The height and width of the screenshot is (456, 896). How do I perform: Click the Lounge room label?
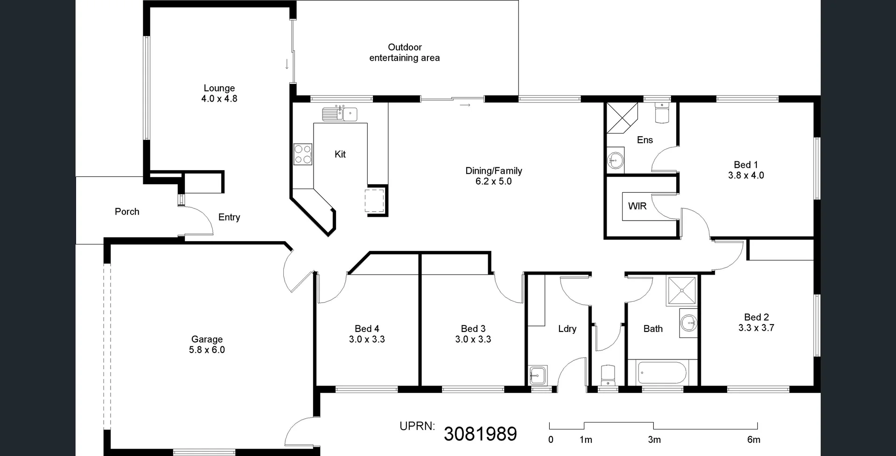click(219, 88)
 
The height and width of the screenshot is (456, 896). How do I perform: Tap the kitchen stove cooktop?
click(303, 154)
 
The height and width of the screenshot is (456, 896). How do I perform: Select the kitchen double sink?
click(339, 114)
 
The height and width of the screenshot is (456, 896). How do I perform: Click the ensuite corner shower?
click(621, 117)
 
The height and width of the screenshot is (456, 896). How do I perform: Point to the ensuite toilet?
click(662, 113)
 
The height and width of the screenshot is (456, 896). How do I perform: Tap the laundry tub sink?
click(537, 375)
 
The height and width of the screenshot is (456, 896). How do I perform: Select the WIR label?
click(637, 206)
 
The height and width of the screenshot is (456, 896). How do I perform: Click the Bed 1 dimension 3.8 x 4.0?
click(746, 175)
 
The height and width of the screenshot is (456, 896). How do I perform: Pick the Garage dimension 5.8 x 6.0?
click(207, 350)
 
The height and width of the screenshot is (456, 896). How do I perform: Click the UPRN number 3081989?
click(480, 434)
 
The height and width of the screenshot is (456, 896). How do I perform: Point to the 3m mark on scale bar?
click(654, 439)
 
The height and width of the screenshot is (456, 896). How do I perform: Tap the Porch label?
click(127, 212)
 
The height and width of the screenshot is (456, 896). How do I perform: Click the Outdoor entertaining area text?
click(405, 52)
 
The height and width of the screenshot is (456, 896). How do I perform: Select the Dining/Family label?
click(493, 171)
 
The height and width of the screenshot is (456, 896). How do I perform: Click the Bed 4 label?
click(367, 329)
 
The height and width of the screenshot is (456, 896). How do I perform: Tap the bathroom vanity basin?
click(688, 322)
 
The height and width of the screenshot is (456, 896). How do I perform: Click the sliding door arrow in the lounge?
click(287, 64)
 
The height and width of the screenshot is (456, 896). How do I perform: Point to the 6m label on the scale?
click(753, 439)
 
